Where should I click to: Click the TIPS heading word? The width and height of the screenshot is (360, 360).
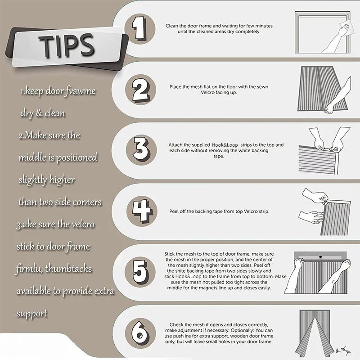pyautogui.click(x=67, y=45)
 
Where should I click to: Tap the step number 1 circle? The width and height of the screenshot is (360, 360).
pyautogui.click(x=140, y=29)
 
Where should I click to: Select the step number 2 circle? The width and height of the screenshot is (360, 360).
pyautogui.click(x=140, y=90)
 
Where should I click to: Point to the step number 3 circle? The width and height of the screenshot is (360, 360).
pyautogui.click(x=141, y=150)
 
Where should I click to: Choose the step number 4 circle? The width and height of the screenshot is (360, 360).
pyautogui.click(x=142, y=211)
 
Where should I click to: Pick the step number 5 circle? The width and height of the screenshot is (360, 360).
pyautogui.click(x=140, y=272)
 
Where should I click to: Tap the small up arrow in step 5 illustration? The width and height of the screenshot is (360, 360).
pyautogui.click(x=320, y=257)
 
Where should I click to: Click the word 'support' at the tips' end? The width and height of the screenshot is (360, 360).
pyautogui.click(x=32, y=314)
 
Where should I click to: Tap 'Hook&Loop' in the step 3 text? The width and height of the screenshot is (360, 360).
pyautogui.click(x=225, y=145)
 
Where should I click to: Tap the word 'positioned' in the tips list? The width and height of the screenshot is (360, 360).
pyautogui.click(x=77, y=158)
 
